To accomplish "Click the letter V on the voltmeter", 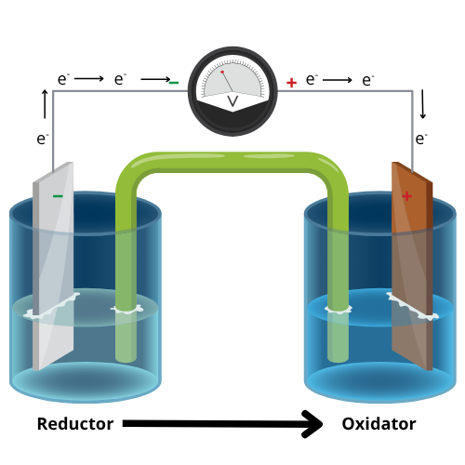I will click(x=232, y=100).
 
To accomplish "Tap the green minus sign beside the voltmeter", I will click(x=173, y=83).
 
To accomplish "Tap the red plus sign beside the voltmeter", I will click(x=291, y=83).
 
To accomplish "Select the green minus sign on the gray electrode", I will click(x=58, y=196).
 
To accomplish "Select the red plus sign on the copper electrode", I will click(x=406, y=196).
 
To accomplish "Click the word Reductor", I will click(x=74, y=424).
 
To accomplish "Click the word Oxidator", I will click(x=379, y=424).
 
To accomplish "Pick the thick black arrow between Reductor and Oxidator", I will click(x=223, y=425).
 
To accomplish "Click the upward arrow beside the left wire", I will click(x=44, y=101).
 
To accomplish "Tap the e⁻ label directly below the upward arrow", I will click(x=43, y=139).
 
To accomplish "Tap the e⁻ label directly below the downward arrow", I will click(x=421, y=139).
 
